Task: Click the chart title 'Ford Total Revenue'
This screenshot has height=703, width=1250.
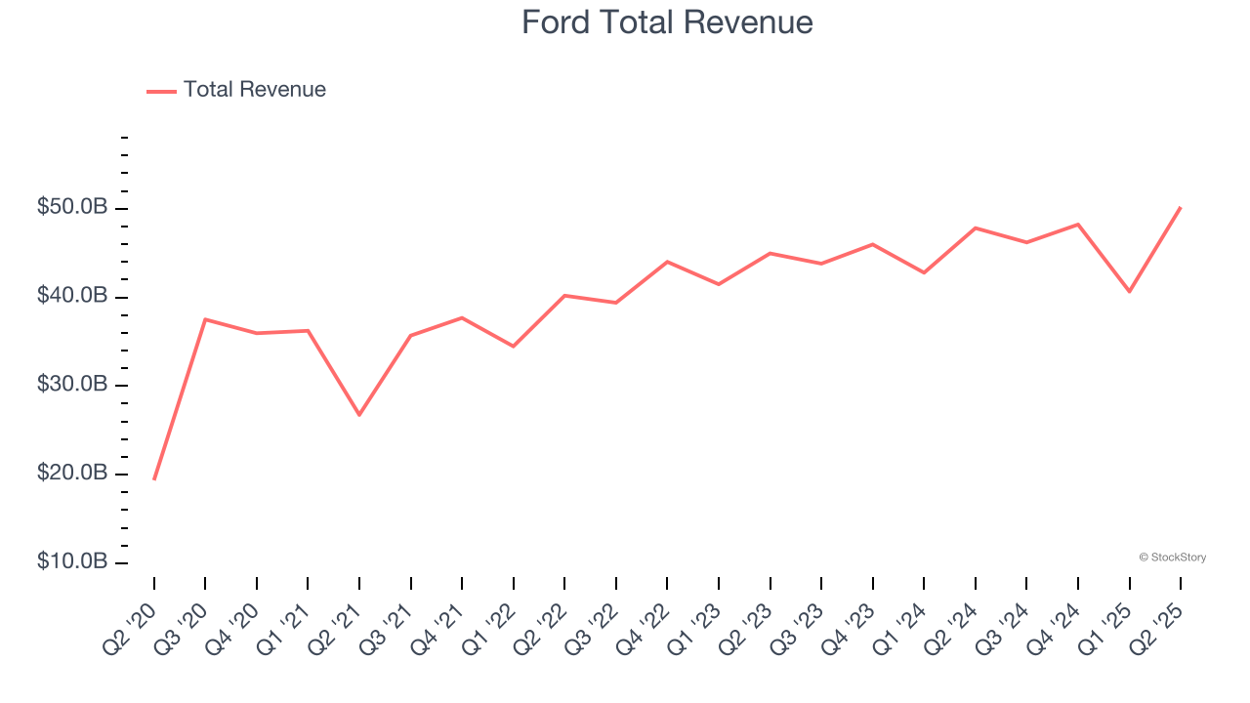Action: pos(667,21)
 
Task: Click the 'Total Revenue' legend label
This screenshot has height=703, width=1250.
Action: pos(254,90)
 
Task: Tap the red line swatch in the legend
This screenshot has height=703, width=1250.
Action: pos(161,91)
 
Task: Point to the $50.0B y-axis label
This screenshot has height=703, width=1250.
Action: pos(73,208)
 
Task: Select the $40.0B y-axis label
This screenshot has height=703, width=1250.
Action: pos(73,297)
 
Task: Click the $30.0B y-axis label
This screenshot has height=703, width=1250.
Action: pos(73,385)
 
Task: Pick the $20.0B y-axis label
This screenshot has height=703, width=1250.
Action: pos(73,474)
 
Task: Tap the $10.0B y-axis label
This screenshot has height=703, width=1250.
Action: pos(73,562)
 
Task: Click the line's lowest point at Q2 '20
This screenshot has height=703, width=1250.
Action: pos(154,478)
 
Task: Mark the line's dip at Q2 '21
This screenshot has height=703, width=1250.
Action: pos(359,415)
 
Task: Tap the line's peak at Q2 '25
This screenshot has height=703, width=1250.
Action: pos(1181,207)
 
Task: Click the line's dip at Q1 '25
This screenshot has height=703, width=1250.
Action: pos(1130,291)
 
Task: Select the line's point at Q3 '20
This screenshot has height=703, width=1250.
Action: pos(205,319)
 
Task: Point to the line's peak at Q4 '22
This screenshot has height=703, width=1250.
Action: pos(667,262)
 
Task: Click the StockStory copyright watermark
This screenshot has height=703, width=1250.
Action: pos(1172,558)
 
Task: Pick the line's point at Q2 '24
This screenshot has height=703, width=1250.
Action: pos(976,227)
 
